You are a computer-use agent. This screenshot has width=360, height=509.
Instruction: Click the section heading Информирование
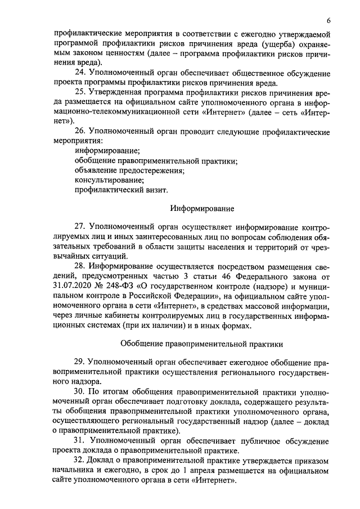(202, 209)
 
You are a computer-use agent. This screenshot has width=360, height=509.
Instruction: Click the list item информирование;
(107, 151)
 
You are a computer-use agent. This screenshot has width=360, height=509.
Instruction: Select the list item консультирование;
(109, 180)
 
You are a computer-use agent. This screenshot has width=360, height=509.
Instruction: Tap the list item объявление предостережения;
(130, 170)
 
